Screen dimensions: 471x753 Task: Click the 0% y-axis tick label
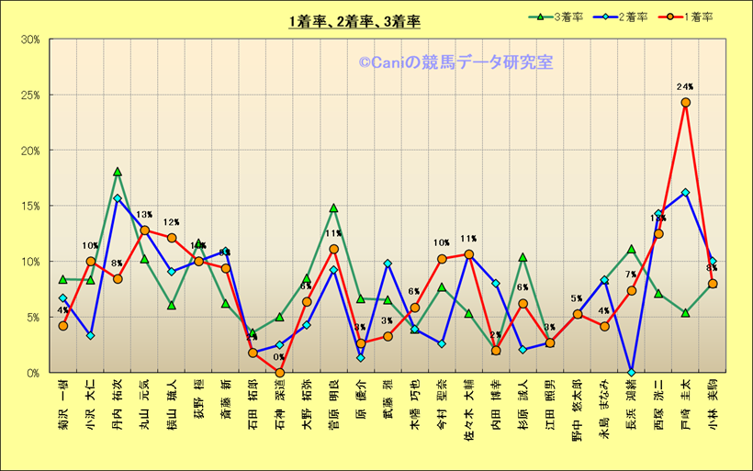pos(34,373)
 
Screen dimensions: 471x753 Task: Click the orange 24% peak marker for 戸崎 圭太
pos(685,103)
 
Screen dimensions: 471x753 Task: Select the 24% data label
pos(685,87)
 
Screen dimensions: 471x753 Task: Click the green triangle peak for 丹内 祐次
pos(118,172)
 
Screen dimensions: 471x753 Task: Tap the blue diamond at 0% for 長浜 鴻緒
pos(631,373)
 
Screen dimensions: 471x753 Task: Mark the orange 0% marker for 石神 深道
pos(279,373)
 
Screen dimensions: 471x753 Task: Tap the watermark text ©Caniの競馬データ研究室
pos(455,62)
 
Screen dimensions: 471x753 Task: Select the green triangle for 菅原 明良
pos(333,208)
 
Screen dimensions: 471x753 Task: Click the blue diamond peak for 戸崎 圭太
pos(685,193)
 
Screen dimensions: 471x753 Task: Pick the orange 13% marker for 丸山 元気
pos(144,230)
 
